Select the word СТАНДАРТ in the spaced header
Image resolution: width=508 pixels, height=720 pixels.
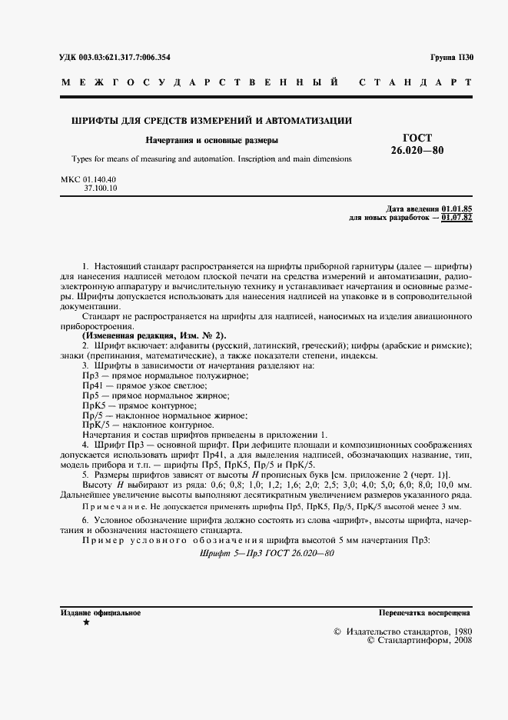coord(414,82)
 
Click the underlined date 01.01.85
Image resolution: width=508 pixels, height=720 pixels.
coord(457,209)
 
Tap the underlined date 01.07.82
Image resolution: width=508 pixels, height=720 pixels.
coord(457,218)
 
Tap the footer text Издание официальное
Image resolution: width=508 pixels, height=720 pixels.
coord(101,613)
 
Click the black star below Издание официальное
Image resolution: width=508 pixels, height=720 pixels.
coord(85,622)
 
